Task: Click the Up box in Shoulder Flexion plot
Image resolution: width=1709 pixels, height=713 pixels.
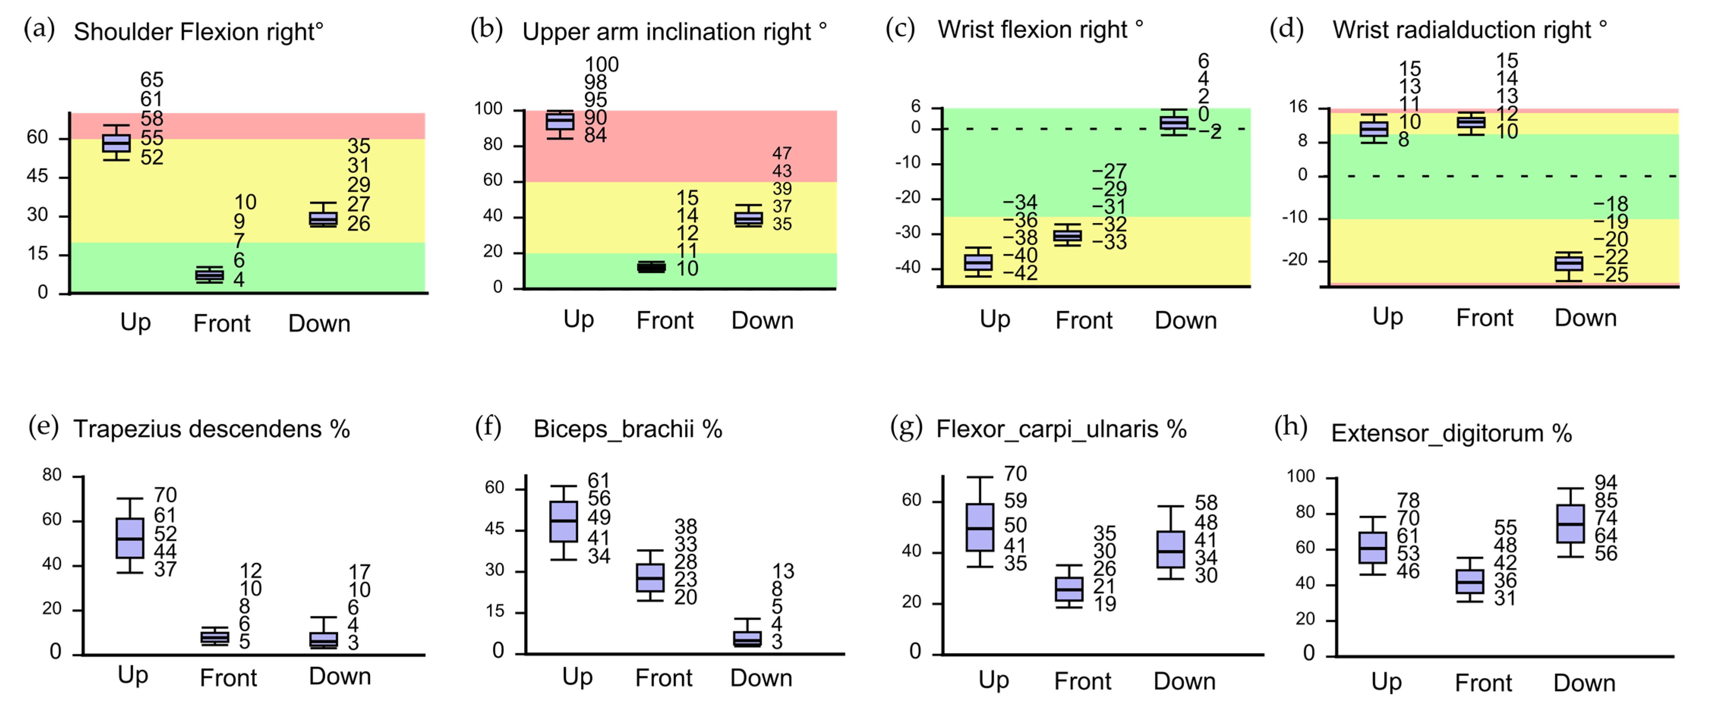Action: (x=116, y=143)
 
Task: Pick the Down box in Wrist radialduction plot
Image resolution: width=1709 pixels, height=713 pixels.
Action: (x=1569, y=263)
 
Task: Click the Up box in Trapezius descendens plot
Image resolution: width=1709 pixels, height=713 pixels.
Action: (x=130, y=538)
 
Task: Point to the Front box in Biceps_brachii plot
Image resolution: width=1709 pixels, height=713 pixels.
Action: (x=650, y=577)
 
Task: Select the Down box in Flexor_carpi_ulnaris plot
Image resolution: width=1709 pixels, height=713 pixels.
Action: (x=1171, y=549)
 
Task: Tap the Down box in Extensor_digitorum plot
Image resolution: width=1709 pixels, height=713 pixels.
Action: (x=1570, y=524)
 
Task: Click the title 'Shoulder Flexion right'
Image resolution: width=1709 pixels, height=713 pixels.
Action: (x=198, y=32)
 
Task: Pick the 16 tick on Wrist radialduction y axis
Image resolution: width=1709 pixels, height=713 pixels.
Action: (x=1298, y=107)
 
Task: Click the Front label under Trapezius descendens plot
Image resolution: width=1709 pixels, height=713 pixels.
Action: (x=228, y=678)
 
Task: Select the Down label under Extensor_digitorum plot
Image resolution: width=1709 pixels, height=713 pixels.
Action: (x=1584, y=683)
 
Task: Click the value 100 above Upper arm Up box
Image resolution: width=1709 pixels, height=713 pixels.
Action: (x=601, y=64)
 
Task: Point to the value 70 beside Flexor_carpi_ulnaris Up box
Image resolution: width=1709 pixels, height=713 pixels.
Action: (x=1015, y=474)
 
